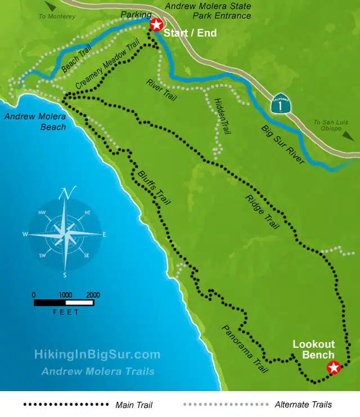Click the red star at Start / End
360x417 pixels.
156,25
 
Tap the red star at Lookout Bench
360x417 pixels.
334,368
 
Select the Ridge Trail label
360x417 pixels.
263,212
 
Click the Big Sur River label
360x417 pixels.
283,145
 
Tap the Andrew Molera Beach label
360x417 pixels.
35,122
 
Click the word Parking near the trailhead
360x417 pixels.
136,14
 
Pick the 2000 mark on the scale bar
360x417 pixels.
93,294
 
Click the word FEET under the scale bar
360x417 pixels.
66,312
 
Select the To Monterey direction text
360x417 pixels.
57,16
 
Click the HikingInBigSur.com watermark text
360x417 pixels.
97,355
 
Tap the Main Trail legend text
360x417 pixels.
134,405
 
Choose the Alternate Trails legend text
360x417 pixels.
303,405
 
